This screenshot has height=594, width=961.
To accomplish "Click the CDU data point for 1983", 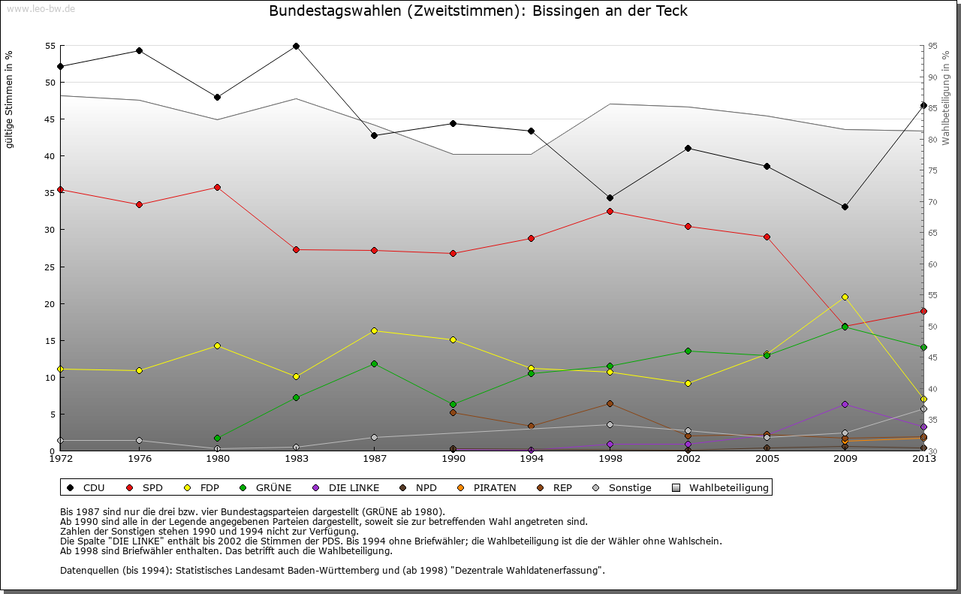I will click(296, 46).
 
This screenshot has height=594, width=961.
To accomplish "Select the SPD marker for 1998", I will click(610, 211).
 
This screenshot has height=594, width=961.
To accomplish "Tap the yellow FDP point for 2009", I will click(845, 297).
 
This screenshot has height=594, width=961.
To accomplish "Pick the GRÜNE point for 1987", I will click(374, 363).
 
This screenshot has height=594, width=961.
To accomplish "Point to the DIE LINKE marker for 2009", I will click(845, 404).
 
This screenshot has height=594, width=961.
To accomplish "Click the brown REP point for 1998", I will click(610, 403).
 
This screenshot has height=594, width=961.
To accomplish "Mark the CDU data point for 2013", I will click(923, 105).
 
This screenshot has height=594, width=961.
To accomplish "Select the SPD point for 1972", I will click(60, 189).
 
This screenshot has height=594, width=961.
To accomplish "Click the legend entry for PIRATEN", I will click(487, 488).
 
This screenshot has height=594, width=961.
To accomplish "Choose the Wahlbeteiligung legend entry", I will click(721, 488).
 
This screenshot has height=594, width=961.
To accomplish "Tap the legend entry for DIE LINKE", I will click(345, 488).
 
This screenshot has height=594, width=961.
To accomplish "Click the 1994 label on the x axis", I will click(531, 459).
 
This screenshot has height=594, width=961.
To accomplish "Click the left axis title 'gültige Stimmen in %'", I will click(9, 99).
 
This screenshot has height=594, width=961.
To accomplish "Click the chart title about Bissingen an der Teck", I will click(477, 11).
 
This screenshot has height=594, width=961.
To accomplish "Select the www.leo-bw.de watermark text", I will click(38, 8).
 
